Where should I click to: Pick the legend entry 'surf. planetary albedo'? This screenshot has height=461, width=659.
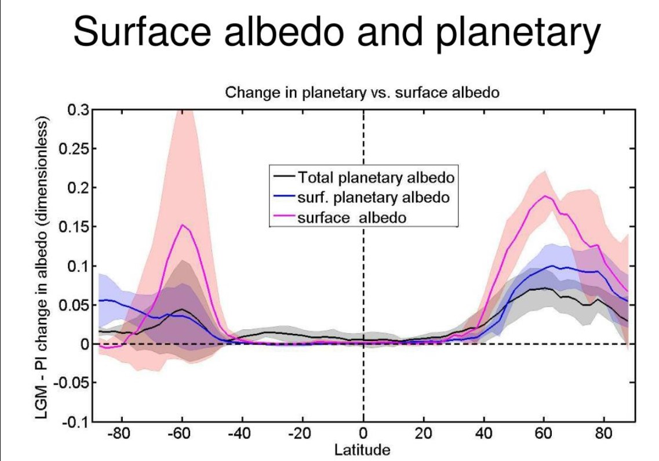tap(373, 197)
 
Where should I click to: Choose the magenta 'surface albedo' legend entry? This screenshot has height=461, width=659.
tap(352, 217)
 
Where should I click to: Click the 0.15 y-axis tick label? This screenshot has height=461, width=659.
tap(74, 227)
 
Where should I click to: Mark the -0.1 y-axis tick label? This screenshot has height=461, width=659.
tap(75, 422)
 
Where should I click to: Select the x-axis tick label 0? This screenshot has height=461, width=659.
tap(363, 434)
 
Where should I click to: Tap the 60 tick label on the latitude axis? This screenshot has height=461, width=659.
tap(545, 434)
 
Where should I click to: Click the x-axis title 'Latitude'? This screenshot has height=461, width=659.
tap(363, 449)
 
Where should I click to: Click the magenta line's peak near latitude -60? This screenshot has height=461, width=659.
tap(182, 225)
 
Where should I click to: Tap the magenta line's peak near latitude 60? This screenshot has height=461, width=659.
tap(545, 196)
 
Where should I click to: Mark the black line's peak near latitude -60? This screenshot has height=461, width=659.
tap(181, 309)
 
